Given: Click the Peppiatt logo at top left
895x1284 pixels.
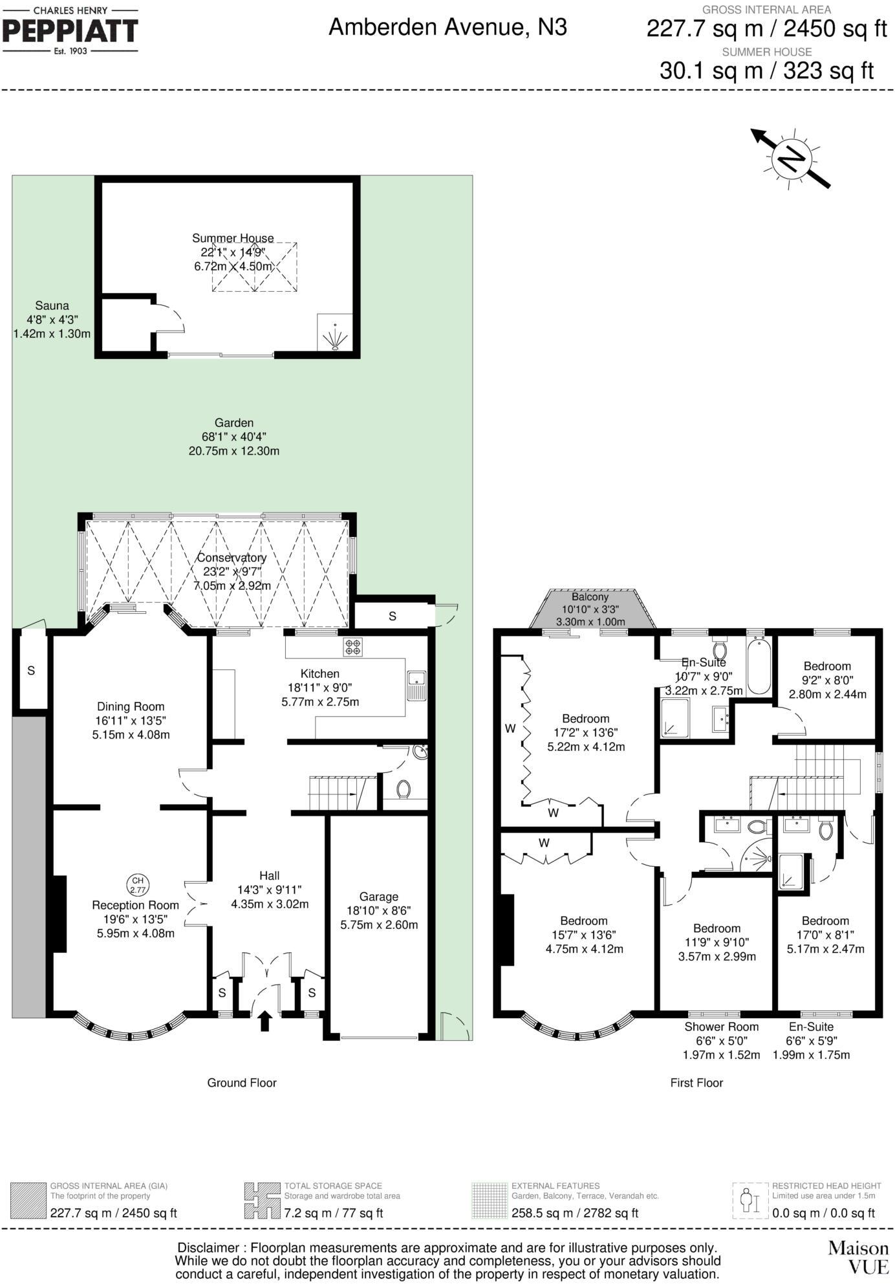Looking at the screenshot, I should coord(70,30).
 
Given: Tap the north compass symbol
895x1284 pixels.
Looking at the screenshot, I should coord(792,158).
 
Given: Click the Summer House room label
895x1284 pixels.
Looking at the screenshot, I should coord(233,238).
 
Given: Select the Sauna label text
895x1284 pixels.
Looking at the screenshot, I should coord(52,306).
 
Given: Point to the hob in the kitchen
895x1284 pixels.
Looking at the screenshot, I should coord(353,647).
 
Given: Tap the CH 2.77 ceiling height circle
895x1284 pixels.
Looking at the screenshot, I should coord(138,884).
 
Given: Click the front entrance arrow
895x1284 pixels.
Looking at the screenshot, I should coord(264,1021).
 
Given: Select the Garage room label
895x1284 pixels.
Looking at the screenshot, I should coord(379,897).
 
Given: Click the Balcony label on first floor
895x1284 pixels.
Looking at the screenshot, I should coord(590,597).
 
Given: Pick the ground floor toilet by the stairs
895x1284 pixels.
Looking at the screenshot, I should coord(404,789).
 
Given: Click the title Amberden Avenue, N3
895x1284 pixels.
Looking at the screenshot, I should coord(447,28).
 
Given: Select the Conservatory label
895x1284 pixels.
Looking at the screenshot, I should coord(232,558).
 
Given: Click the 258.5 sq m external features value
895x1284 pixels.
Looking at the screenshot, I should coord(574,1213).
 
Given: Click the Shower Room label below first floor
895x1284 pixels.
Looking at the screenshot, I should coord(722,1027).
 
